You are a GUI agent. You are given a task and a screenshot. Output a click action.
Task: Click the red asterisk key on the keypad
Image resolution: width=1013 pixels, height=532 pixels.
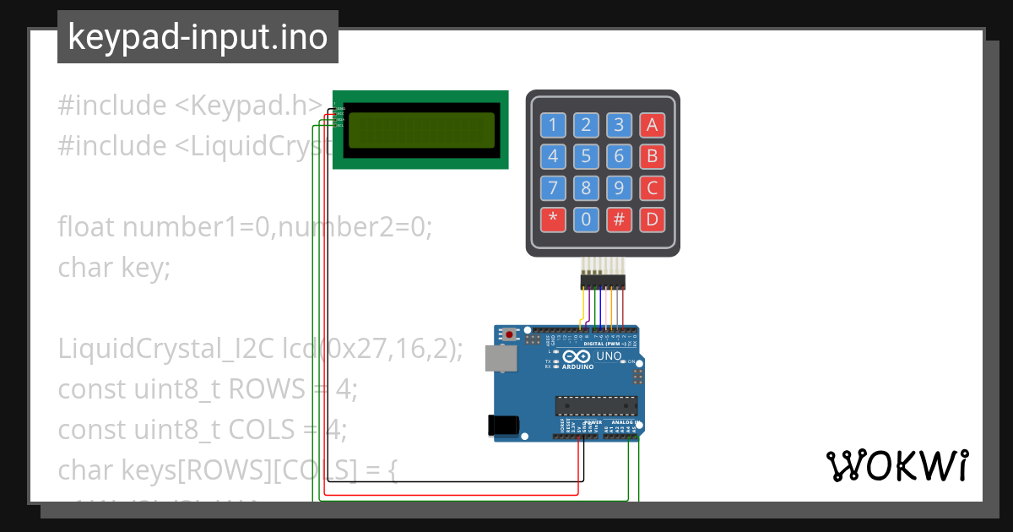553,220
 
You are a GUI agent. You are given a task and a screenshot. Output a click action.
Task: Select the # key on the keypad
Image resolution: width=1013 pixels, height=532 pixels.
619,220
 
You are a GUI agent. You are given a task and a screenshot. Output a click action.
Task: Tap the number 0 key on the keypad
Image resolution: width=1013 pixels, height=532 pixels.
586,220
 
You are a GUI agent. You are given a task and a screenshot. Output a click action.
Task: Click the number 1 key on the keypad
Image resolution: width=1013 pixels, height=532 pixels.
553,126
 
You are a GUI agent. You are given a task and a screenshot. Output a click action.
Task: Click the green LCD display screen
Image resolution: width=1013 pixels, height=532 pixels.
421,129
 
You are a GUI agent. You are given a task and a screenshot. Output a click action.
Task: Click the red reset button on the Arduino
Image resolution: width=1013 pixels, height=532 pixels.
510,335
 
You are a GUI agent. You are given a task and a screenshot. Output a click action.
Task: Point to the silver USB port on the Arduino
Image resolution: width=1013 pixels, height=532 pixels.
500,359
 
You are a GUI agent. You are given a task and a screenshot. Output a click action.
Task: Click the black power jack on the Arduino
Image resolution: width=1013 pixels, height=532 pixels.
504,426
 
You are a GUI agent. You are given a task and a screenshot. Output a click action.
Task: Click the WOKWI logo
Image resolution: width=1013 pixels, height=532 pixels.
897,465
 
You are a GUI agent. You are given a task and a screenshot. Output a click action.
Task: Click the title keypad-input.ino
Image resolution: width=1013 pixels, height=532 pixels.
198,37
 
